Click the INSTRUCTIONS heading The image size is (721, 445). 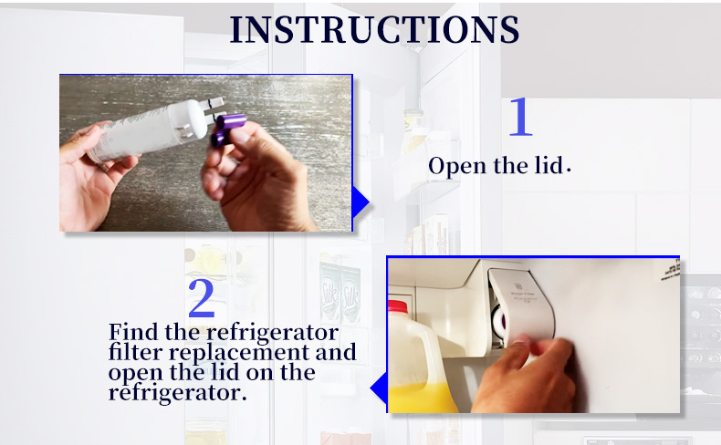374,29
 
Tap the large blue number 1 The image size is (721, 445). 520,117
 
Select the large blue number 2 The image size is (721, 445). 202,298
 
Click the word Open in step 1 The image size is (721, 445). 457,166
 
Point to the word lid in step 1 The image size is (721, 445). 549,165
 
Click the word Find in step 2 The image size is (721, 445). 134,332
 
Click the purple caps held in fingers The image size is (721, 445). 227,129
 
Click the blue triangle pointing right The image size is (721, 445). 360,202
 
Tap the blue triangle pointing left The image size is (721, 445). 379,388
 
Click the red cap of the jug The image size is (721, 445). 398,306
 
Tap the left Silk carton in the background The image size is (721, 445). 330,294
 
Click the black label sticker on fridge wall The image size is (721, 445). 671,270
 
